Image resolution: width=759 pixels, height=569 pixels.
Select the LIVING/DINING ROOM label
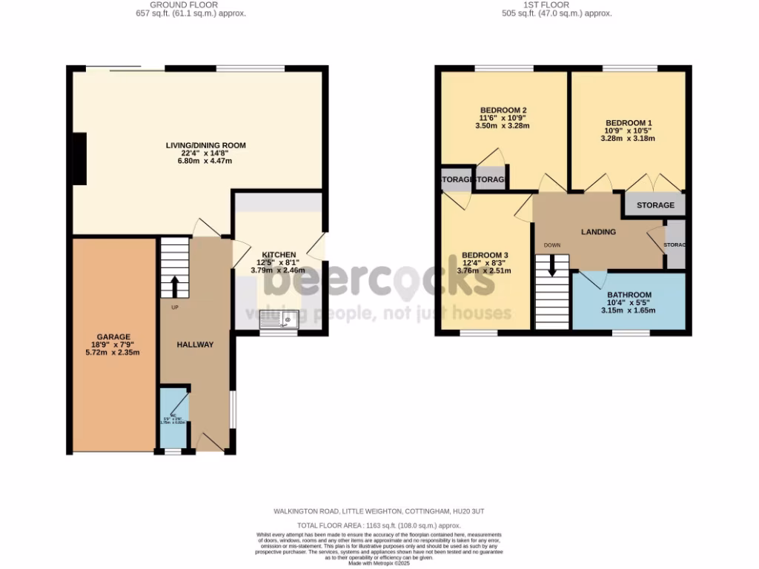(205, 145)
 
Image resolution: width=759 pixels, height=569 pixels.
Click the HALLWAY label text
(195, 345)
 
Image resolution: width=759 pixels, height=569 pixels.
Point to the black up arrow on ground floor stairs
(175, 286)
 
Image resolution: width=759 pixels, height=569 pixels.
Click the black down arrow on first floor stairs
(551, 267)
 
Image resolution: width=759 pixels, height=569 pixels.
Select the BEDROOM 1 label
(629, 123)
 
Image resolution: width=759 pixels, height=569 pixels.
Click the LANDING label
(598, 232)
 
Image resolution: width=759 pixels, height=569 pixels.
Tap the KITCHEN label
(279, 254)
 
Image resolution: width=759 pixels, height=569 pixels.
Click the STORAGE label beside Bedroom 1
(655, 205)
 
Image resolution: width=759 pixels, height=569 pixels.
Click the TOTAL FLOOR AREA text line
(379, 525)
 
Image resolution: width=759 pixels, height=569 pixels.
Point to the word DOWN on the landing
(551, 245)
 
